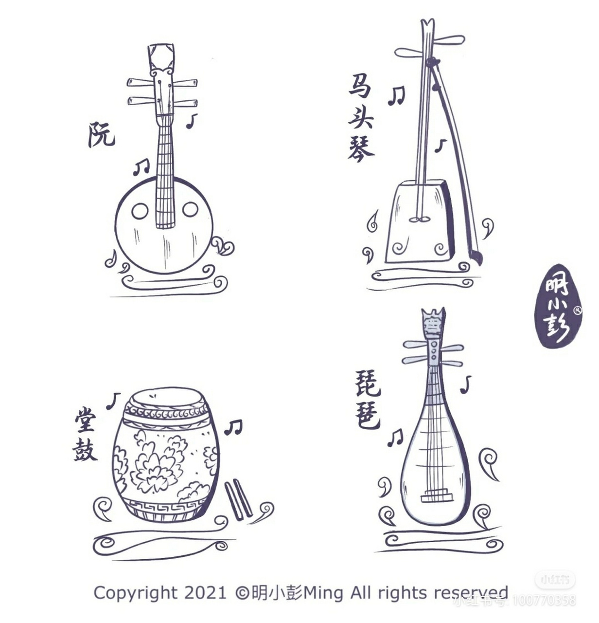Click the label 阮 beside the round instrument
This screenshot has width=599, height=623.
click(x=101, y=135)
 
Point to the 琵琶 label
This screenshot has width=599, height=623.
click(x=368, y=400)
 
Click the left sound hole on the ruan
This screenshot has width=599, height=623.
click(x=140, y=211)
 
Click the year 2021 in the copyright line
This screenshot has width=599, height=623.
click(x=205, y=593)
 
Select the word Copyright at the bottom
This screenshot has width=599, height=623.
click(x=135, y=593)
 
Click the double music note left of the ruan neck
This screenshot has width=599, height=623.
click(x=141, y=167)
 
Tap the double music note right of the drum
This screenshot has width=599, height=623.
click(x=233, y=427)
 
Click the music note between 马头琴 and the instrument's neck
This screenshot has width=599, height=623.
click(x=396, y=95)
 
